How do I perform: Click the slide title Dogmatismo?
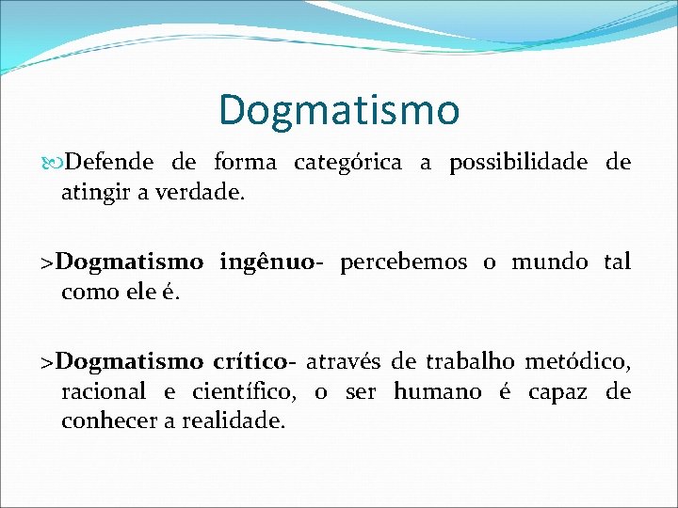pos(339,109)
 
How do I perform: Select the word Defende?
pos(109,163)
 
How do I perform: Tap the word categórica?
pos(347,164)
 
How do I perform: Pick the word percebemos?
pos(403,262)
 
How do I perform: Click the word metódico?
pos(576,361)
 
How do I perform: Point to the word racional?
pos(103,391)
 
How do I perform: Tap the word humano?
pos(436,391)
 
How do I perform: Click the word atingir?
pos(91,196)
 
